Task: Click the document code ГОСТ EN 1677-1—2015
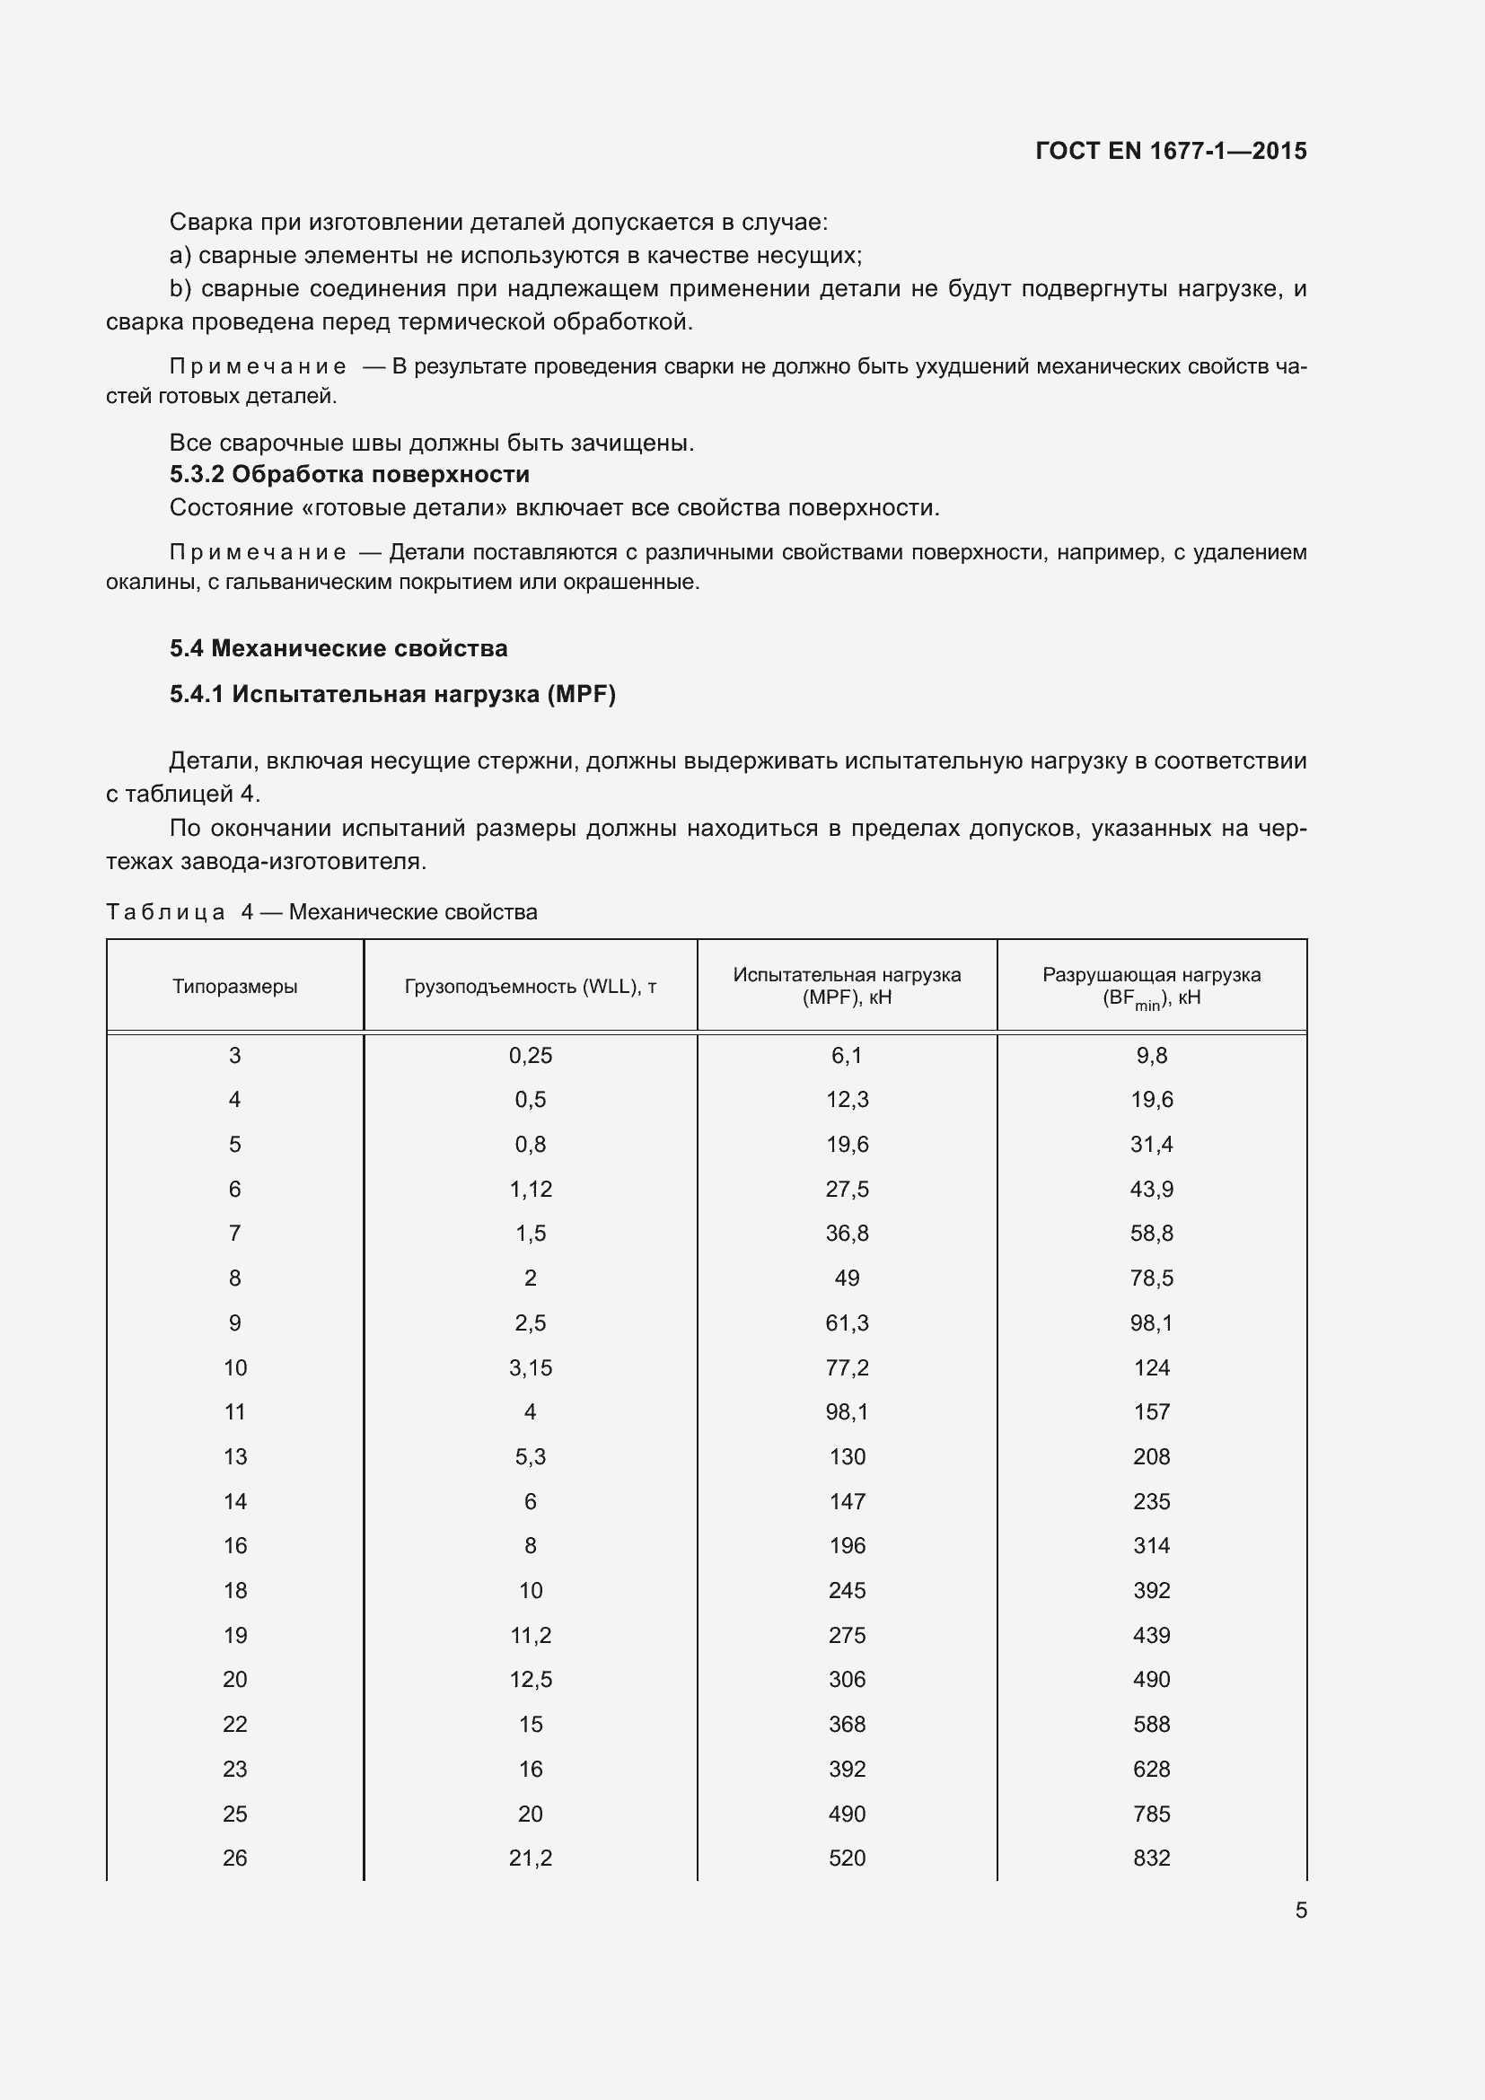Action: (x=1171, y=151)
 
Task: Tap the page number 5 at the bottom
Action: (x=1300, y=1910)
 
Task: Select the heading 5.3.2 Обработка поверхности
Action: (x=349, y=474)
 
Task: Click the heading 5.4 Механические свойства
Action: (x=338, y=648)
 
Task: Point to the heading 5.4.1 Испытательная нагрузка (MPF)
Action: (x=392, y=694)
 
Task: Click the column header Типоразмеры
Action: (x=235, y=986)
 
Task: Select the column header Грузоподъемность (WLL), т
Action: (x=531, y=986)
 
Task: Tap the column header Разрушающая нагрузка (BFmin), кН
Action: (x=1151, y=987)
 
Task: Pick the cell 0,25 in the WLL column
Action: (x=531, y=1056)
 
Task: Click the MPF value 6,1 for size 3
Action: (x=847, y=1056)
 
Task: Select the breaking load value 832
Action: (x=1151, y=1858)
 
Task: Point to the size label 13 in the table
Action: (x=235, y=1456)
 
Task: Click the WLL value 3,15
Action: (x=531, y=1367)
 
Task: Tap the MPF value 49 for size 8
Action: (x=847, y=1278)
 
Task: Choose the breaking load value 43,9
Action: (x=1151, y=1189)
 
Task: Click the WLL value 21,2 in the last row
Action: (x=531, y=1858)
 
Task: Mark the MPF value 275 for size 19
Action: (x=847, y=1634)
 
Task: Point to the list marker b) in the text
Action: (x=180, y=289)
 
